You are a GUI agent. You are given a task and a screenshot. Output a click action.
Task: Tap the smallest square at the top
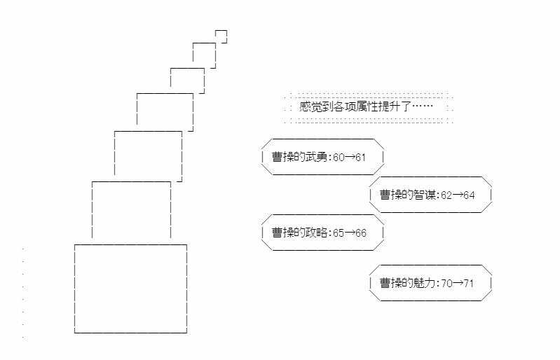click(x=221, y=36)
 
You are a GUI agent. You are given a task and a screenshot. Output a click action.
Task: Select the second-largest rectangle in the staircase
click(x=131, y=210)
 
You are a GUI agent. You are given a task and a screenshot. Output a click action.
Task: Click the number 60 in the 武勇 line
click(x=339, y=157)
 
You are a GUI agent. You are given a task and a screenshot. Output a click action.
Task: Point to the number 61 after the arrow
click(x=361, y=157)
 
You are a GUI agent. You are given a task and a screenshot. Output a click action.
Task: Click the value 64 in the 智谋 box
click(x=469, y=195)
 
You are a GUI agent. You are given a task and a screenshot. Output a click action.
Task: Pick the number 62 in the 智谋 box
click(x=447, y=195)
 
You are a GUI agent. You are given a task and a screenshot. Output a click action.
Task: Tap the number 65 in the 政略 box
click(x=339, y=233)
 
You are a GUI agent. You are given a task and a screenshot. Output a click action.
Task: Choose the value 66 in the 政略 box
click(x=361, y=233)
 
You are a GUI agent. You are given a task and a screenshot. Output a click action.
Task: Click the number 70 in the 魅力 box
click(x=447, y=284)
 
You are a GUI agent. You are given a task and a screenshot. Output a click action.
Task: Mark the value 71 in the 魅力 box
click(x=469, y=284)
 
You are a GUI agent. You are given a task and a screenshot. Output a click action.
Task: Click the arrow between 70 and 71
click(x=458, y=284)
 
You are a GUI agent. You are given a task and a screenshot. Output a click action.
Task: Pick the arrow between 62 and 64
click(x=458, y=195)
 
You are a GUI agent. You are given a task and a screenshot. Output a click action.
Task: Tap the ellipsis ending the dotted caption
click(x=423, y=107)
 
